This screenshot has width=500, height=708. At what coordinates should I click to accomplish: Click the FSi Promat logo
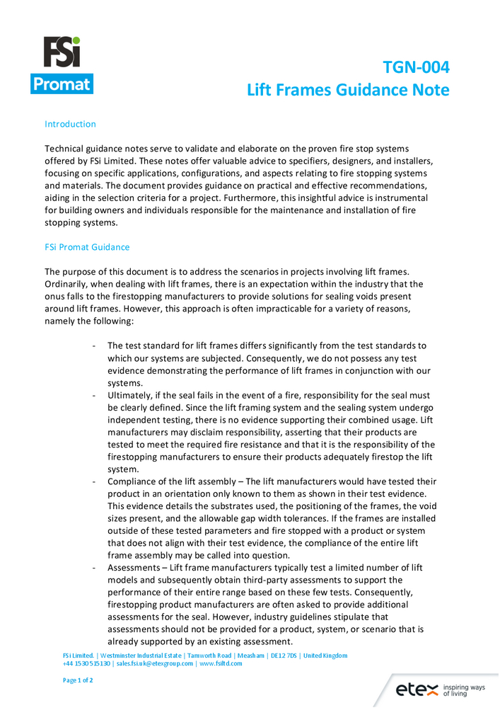click(62, 65)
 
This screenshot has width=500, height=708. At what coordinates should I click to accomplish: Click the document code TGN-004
click(416, 67)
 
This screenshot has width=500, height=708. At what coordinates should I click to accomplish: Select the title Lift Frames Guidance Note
click(348, 90)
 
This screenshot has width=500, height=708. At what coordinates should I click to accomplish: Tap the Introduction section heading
click(70, 124)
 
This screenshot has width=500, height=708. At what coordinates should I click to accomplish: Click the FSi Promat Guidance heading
click(87, 247)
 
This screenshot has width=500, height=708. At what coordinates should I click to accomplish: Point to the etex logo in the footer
click(416, 689)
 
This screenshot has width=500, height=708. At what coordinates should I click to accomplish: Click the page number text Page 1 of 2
click(78, 680)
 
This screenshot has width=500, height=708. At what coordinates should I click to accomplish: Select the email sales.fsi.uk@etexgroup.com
click(155, 664)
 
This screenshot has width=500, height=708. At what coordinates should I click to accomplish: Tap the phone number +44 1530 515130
click(86, 664)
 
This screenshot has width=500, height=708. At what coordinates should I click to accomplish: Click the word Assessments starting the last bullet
click(134, 568)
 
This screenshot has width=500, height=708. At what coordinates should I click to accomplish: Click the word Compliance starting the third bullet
click(132, 481)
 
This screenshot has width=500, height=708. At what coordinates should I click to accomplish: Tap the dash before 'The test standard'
click(94, 346)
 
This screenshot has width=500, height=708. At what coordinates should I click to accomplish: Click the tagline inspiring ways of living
click(463, 690)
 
